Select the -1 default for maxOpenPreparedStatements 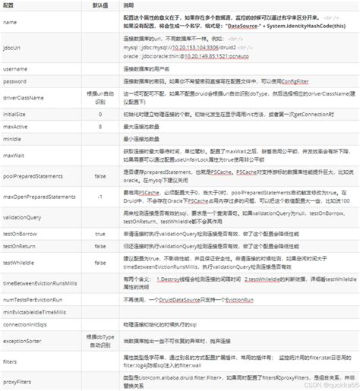[x=100, y=197]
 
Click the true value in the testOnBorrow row [x=100, y=235]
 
